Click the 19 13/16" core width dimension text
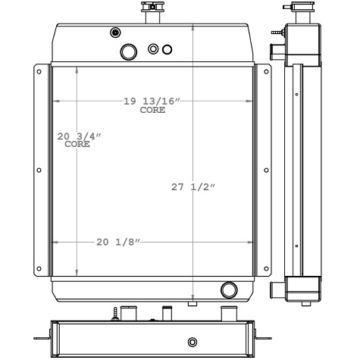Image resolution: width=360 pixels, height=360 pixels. click(x=152, y=102)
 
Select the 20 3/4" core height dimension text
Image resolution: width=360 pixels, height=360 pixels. click(x=79, y=136)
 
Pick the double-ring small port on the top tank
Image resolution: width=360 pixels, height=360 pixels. click(x=154, y=49)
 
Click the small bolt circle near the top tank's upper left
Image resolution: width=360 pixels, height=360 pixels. click(x=115, y=32)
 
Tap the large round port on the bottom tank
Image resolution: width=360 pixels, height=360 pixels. click(x=228, y=289)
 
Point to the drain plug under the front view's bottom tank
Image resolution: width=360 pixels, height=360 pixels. click(x=193, y=304)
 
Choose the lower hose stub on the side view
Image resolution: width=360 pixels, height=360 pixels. click(x=276, y=289)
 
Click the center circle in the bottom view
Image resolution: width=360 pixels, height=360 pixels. click(x=192, y=341)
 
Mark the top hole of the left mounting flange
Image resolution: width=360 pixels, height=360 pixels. click(x=39, y=72)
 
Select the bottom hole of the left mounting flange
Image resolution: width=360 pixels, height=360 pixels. click(x=39, y=268)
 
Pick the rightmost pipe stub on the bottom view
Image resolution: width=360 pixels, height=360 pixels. click(x=226, y=314)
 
